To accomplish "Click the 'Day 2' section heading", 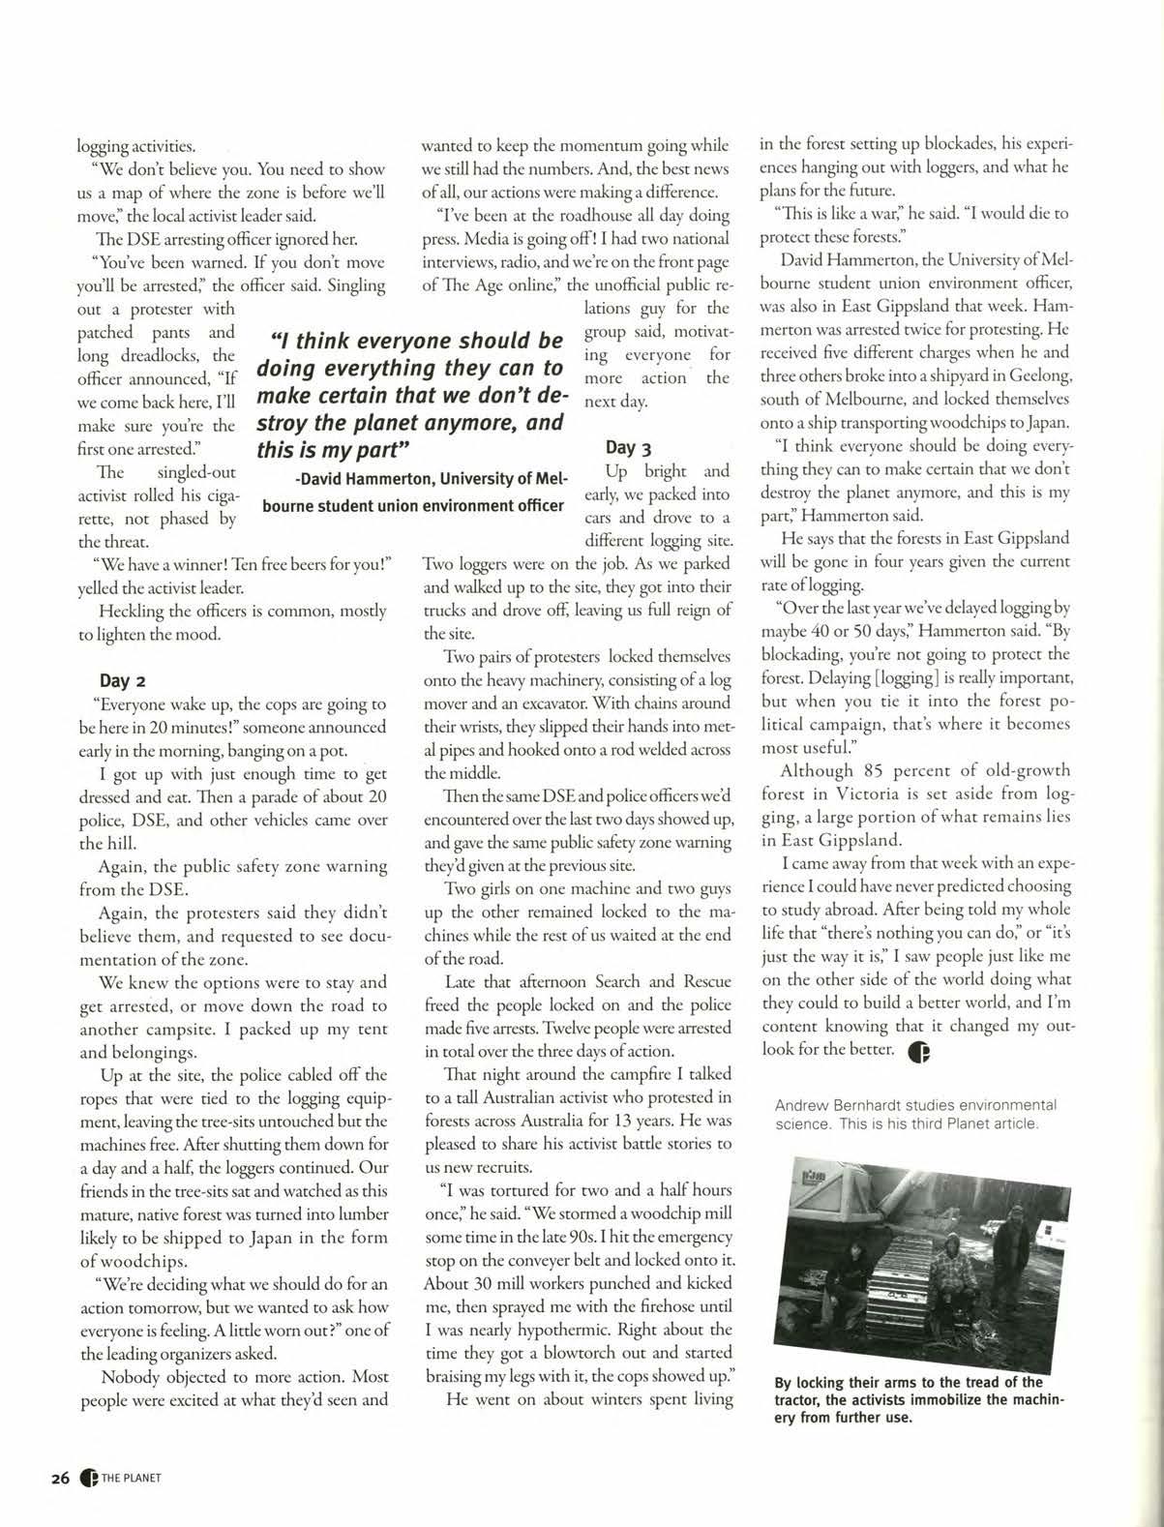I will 123,680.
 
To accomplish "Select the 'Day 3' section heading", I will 628,447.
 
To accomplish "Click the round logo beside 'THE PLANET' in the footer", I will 89,1478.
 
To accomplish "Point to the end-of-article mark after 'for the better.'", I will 918,1052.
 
